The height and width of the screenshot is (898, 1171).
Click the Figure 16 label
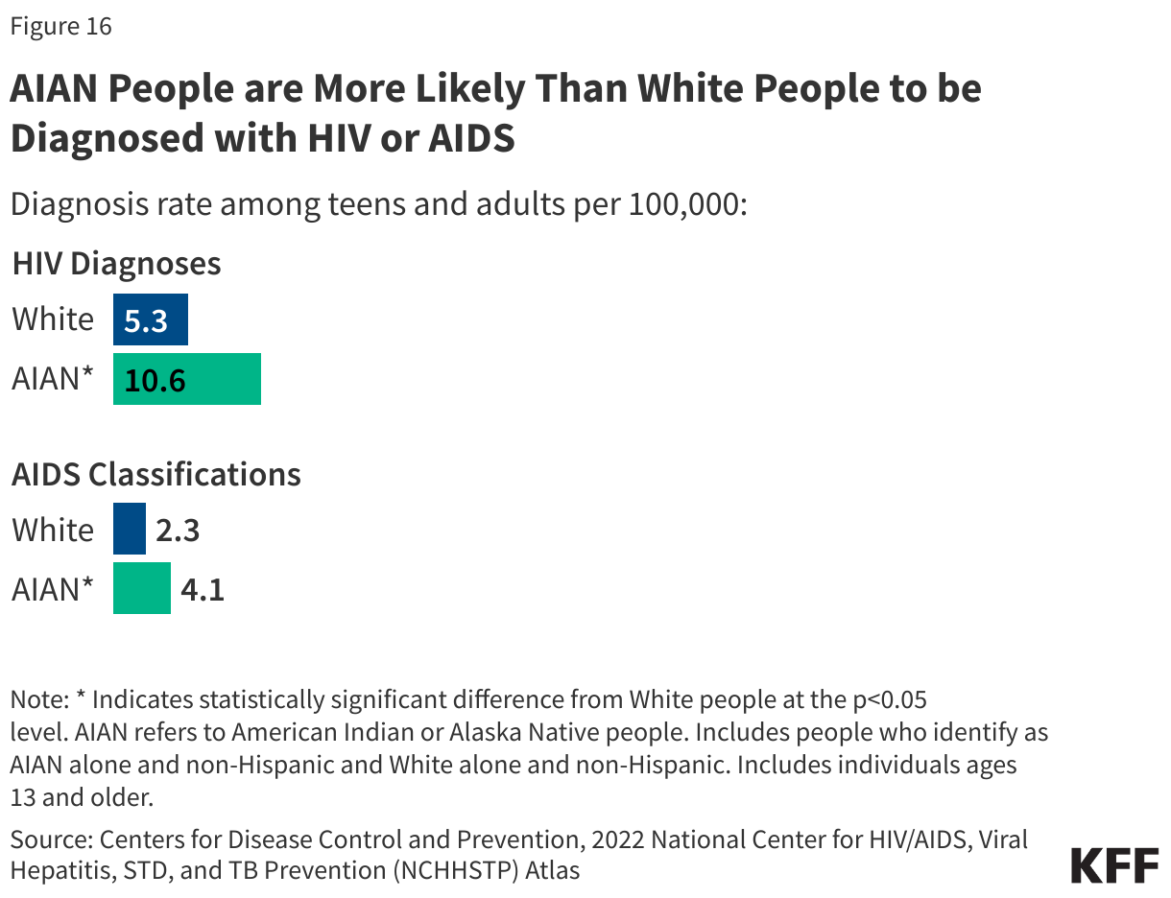click(x=60, y=27)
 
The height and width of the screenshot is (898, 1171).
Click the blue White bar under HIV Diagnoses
click(x=151, y=319)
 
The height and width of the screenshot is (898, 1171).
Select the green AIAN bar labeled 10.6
click(x=187, y=379)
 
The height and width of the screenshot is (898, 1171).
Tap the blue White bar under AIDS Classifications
click(x=130, y=530)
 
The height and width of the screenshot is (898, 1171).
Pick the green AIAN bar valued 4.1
click(x=142, y=588)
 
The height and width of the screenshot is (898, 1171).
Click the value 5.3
click(x=146, y=320)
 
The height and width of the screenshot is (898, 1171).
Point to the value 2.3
click(x=178, y=531)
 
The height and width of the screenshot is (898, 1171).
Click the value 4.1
click(x=203, y=589)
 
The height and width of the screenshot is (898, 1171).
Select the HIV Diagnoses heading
click(x=117, y=263)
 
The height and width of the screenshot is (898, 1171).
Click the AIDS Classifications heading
click(x=156, y=474)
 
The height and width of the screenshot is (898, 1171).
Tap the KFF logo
click(x=1114, y=865)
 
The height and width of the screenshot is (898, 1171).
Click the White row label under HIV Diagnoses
click(x=53, y=319)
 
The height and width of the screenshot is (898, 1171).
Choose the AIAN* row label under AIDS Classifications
click(x=53, y=588)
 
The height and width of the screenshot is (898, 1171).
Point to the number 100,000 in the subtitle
click(x=684, y=205)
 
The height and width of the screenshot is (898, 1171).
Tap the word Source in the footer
click(x=49, y=840)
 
